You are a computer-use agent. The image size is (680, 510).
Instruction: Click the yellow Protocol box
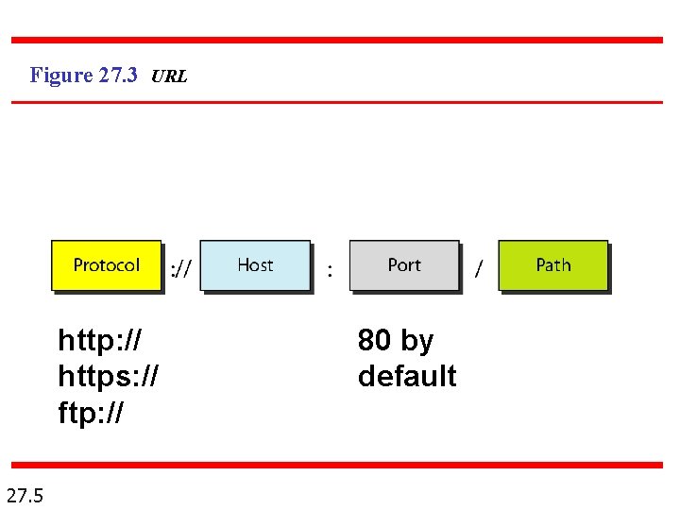point(106,265)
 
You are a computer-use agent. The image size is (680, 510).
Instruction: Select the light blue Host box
point(255,265)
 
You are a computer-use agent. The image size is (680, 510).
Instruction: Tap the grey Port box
point(404,265)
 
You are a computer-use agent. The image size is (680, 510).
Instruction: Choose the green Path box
point(552,265)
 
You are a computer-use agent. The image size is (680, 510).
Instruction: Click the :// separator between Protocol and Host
point(180,270)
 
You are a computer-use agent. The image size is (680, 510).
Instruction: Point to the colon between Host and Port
point(329,271)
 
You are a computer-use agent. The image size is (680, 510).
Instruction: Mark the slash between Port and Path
point(478,270)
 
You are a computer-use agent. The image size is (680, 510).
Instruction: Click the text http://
point(99,339)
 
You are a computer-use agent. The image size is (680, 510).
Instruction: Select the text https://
point(108,376)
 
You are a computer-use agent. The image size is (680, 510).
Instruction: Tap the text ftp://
point(91,413)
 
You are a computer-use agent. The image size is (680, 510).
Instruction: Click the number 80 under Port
point(375,339)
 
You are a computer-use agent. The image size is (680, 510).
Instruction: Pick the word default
point(407,376)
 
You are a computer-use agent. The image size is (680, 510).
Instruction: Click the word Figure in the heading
point(61,76)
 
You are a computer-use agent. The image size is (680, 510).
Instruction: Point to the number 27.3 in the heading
point(118,76)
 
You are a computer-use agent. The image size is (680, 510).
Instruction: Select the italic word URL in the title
point(169,76)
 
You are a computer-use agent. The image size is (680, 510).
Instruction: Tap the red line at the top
point(337,41)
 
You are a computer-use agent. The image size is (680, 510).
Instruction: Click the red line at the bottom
point(337,465)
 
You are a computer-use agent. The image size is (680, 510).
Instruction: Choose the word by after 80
point(416,340)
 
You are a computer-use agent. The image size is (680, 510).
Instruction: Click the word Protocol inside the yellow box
point(106,265)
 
